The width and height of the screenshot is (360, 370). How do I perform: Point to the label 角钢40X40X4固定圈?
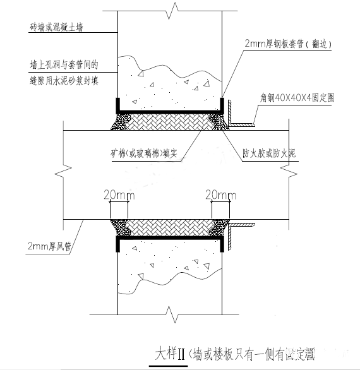tap(300, 99)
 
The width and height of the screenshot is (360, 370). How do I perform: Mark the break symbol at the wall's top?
tap(169, 11)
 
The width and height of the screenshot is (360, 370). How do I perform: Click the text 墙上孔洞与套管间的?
tap(63, 64)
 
